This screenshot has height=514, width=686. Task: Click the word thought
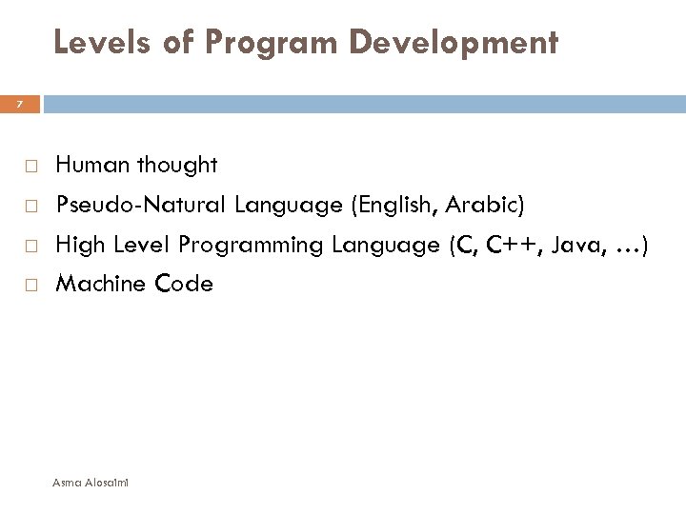177,166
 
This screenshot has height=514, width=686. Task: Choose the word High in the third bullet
78,245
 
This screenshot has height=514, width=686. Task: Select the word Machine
99,284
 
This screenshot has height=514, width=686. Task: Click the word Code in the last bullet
183,284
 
